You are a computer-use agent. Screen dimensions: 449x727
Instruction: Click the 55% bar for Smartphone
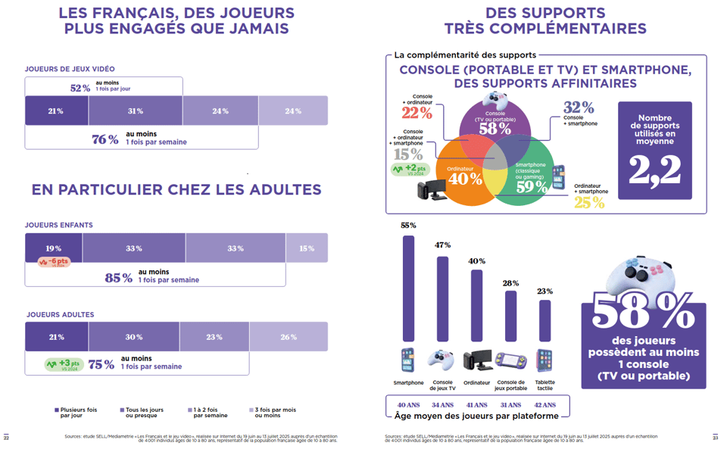(x=408, y=288)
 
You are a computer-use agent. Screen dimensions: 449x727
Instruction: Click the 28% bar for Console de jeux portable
(x=510, y=316)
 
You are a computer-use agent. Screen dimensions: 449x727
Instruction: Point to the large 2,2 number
(x=654, y=170)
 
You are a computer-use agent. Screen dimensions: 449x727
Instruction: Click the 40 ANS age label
(x=408, y=405)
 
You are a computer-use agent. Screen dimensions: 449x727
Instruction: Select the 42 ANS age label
(x=544, y=405)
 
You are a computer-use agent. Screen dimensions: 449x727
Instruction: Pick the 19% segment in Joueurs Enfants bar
(x=54, y=248)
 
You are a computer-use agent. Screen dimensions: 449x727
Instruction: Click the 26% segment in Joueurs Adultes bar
(x=289, y=337)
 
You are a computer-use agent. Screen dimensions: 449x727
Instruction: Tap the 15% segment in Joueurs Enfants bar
(x=307, y=248)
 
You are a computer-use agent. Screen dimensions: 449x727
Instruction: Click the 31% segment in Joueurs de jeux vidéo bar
(x=136, y=111)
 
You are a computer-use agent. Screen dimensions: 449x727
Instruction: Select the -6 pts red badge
(x=54, y=262)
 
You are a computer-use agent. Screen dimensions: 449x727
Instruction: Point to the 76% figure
(x=105, y=139)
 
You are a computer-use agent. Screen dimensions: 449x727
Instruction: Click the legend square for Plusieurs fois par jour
(x=57, y=410)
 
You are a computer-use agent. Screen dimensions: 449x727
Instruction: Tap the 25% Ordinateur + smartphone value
(x=589, y=202)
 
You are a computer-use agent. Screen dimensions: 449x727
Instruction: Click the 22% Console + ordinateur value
(x=417, y=114)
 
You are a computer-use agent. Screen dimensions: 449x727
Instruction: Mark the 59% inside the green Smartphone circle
(x=532, y=186)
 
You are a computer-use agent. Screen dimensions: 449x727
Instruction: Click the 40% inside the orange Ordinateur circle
(x=465, y=179)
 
